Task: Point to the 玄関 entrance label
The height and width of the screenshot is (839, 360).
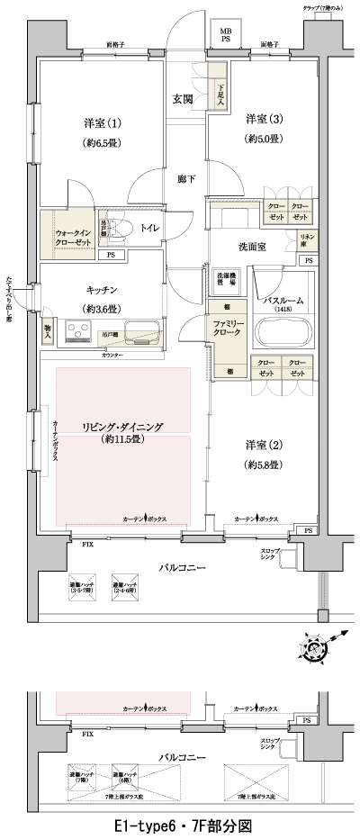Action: click(184, 99)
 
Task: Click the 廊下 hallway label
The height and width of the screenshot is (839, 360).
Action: click(186, 178)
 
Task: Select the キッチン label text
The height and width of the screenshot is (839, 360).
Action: click(102, 291)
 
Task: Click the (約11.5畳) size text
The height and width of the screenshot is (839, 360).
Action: click(122, 441)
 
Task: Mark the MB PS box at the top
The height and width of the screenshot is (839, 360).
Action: click(225, 35)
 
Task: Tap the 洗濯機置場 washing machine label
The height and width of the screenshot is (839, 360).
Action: click(227, 278)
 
